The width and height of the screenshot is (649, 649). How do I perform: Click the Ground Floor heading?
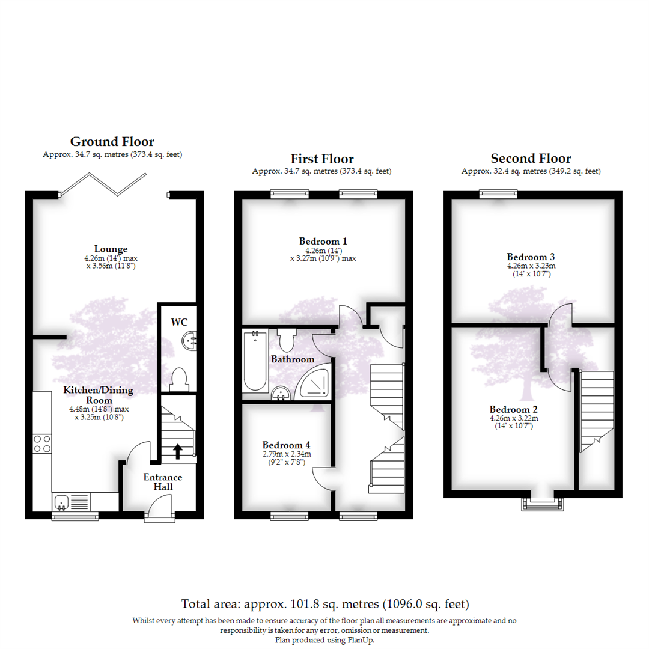pyautogui.click(x=112, y=142)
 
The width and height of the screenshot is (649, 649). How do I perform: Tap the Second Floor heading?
pyautogui.click(x=531, y=159)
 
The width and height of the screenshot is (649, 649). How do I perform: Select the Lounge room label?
pyautogui.click(x=111, y=249)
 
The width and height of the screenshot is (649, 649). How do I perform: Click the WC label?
pyautogui.click(x=179, y=322)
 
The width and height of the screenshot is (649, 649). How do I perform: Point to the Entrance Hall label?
pyautogui.click(x=162, y=481)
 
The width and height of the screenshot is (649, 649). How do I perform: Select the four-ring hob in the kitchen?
pyautogui.click(x=42, y=443)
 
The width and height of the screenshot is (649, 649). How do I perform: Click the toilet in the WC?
pyautogui.click(x=179, y=379)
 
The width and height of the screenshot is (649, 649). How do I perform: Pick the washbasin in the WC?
pyautogui.click(x=190, y=341)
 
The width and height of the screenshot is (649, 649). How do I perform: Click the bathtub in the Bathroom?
pyautogui.click(x=255, y=362)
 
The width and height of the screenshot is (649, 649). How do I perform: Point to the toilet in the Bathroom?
pyautogui.click(x=285, y=340)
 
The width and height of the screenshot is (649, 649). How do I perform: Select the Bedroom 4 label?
pyautogui.click(x=286, y=445)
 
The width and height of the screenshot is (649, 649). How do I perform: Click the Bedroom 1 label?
pyautogui.click(x=323, y=241)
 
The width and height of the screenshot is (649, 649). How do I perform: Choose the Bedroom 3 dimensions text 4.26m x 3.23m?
pyautogui.click(x=531, y=266)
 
